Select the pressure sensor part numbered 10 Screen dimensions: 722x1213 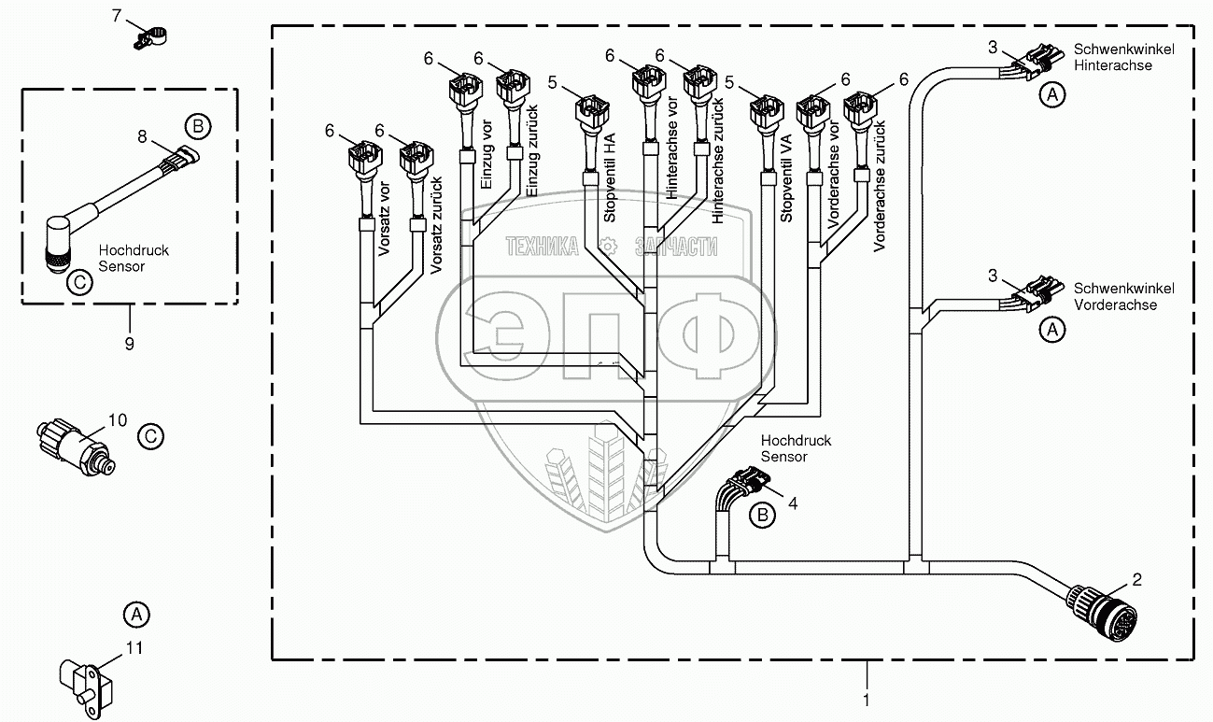77,443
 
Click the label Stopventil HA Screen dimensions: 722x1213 609,187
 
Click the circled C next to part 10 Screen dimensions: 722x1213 150,435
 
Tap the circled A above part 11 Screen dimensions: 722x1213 136,615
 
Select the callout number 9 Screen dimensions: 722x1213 129,343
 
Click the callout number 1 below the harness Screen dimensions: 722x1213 867,698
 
